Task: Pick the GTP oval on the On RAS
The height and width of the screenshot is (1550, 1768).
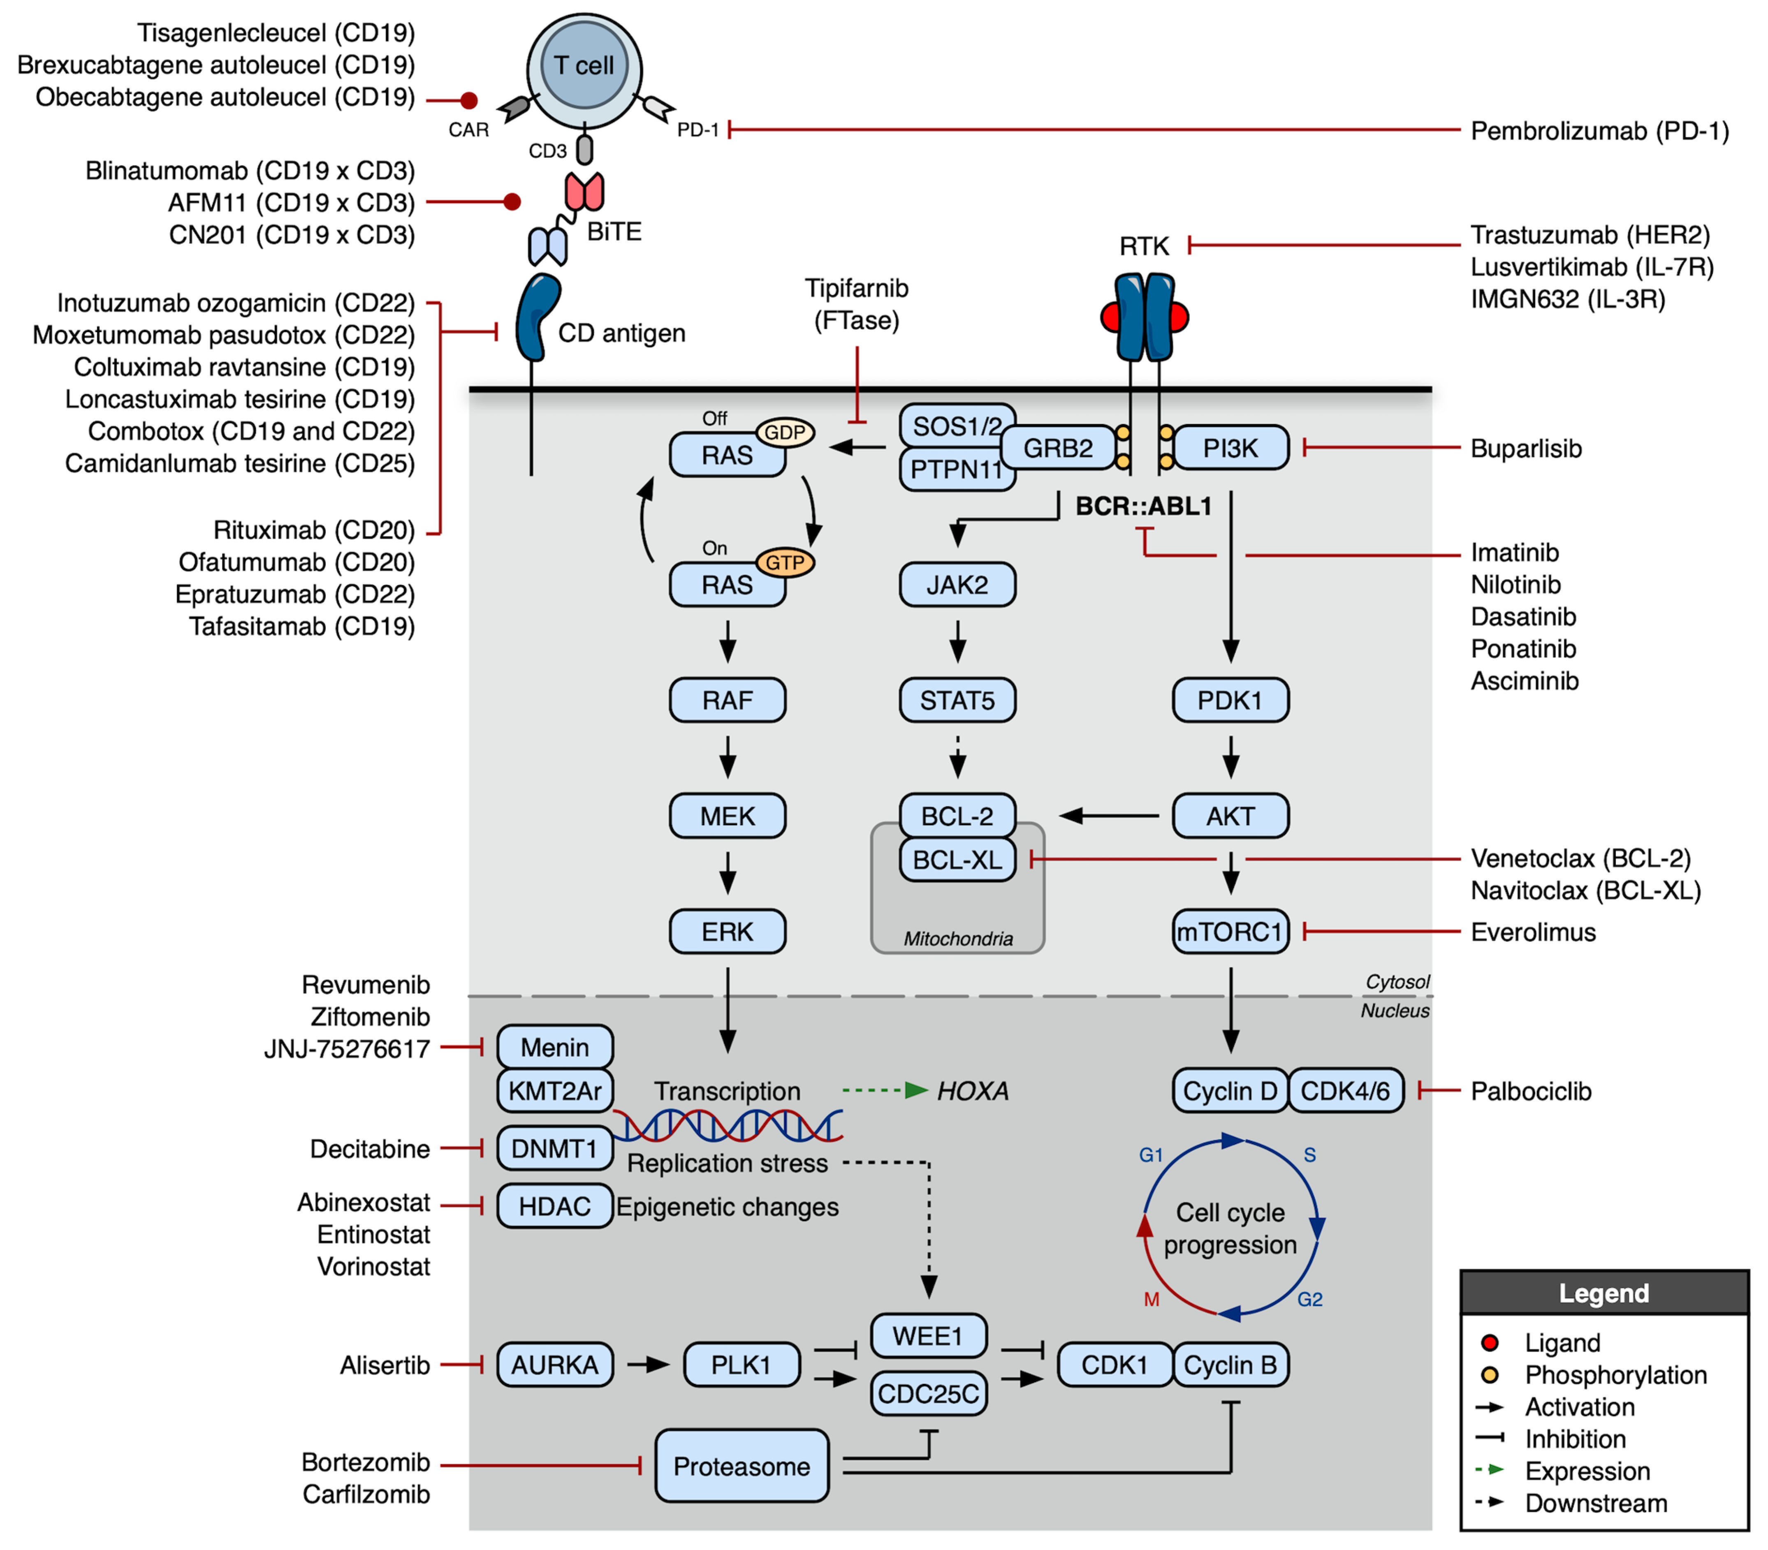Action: (785, 563)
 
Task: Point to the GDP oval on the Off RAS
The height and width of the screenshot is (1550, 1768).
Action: (785, 433)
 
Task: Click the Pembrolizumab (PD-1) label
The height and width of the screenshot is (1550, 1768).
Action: (1599, 132)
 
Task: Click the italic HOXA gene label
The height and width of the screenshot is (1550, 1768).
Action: (972, 1092)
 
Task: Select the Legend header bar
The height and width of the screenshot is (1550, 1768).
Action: (1603, 1293)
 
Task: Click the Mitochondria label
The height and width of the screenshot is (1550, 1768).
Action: (957, 939)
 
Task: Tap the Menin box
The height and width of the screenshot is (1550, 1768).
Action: (554, 1048)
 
